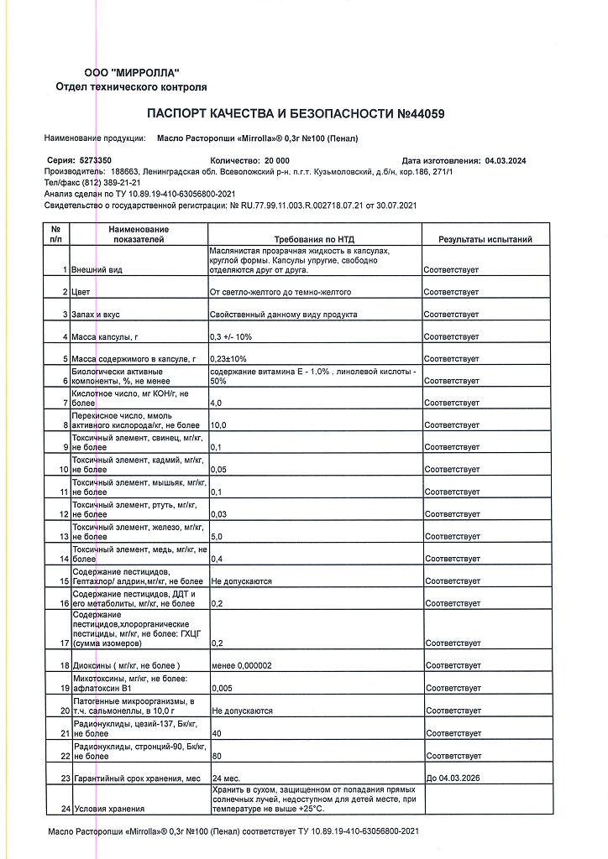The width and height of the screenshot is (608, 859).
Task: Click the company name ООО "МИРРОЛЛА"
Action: (131, 73)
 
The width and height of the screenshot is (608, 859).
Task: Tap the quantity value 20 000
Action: (276, 159)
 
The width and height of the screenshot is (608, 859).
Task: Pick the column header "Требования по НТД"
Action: (314, 239)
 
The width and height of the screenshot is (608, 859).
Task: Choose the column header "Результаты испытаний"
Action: (485, 239)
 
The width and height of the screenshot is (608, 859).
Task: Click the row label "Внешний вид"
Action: (98, 269)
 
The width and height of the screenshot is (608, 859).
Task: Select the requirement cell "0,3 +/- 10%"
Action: (230, 336)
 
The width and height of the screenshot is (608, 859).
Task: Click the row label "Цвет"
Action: (81, 292)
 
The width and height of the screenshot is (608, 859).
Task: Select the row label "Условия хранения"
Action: (109, 809)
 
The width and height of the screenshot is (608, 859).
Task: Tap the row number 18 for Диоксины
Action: (64, 665)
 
